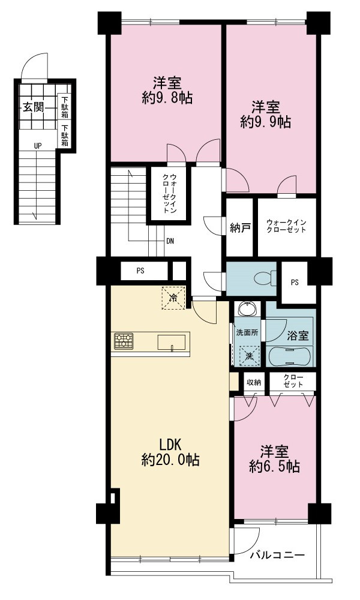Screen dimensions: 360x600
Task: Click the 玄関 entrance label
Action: [33, 107]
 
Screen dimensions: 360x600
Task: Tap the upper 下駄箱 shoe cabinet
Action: [65, 107]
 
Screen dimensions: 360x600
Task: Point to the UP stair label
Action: [37, 145]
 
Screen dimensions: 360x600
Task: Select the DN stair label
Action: [170, 241]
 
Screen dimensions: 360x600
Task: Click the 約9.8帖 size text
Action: [167, 98]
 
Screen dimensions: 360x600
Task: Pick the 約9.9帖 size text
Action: [266, 122]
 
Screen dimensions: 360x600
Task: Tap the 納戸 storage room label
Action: [240, 228]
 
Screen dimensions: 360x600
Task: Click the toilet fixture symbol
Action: [265, 278]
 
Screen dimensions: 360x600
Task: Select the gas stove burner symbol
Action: [124, 341]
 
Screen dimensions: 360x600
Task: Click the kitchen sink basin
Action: [172, 342]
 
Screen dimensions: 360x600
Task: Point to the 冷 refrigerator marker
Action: [173, 298]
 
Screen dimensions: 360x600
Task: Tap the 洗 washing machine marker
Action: [250, 356]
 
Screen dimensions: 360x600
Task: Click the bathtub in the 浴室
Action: [291, 356]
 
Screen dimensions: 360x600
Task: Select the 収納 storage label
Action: [254, 382]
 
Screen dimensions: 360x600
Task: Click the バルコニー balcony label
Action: [277, 555]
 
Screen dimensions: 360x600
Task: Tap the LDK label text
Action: [170, 445]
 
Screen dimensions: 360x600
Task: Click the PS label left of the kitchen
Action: [141, 271]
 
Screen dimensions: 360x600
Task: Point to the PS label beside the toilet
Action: [294, 283]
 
